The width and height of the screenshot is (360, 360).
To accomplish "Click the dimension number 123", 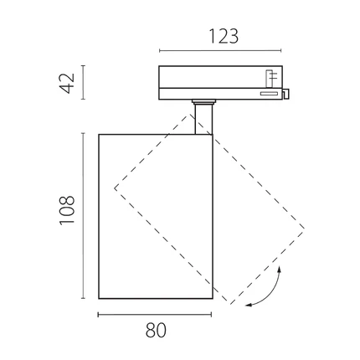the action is tap(224, 37).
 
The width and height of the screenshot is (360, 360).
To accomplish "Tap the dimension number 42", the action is tap(67, 83).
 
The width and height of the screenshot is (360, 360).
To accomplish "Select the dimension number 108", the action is tap(67, 209).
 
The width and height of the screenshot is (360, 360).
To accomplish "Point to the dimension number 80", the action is tap(156, 331).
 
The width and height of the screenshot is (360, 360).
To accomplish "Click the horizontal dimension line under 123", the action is tap(220, 51).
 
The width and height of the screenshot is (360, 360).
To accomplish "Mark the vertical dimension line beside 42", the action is tap(83, 82).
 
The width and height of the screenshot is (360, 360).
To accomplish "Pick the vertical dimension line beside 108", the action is tap(83, 216).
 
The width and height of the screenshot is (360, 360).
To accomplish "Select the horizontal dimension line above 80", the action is tap(155, 315).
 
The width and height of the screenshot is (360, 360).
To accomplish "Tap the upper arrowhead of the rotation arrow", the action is tap(279, 269).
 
